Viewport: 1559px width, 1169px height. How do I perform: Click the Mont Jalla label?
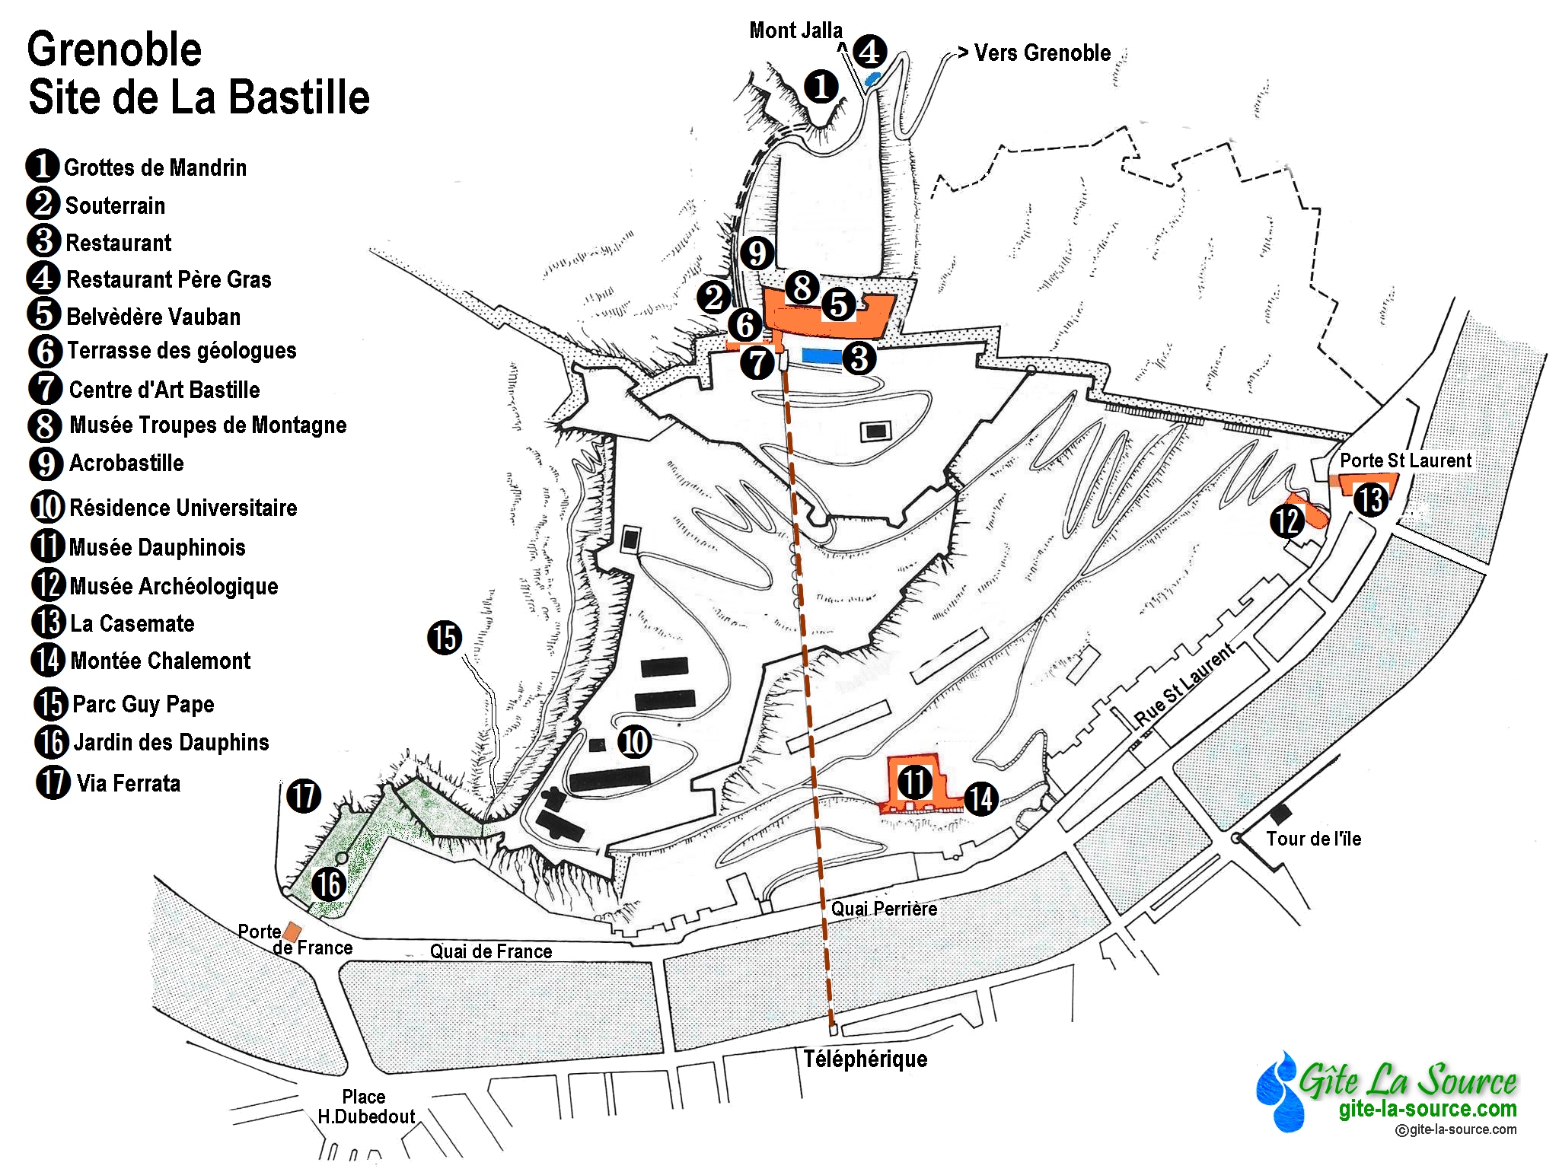point(795,30)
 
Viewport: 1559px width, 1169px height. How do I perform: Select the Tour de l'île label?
point(1313,839)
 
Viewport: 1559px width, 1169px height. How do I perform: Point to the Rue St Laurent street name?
point(1184,686)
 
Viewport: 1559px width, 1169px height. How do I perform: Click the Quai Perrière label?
point(884,909)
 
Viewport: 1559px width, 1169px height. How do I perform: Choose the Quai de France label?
point(491,951)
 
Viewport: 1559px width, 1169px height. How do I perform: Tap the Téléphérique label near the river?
point(866,1059)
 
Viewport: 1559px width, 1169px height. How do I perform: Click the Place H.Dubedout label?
point(365,1107)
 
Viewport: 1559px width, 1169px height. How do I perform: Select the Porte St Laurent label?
point(1405,460)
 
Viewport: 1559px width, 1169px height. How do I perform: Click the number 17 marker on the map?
point(304,796)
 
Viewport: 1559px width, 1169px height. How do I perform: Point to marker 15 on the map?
point(445,637)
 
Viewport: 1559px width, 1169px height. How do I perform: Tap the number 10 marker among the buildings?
point(634,741)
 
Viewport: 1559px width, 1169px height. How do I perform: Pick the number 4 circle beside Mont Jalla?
point(869,51)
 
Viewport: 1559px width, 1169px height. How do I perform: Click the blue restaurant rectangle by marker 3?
point(822,355)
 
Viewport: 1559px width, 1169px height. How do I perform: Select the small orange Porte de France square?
point(292,932)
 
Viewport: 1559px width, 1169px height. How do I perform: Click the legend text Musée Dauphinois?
point(157,547)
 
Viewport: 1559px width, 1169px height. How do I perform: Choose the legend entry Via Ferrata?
point(128,783)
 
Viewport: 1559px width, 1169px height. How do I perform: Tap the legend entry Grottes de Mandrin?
point(155,167)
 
